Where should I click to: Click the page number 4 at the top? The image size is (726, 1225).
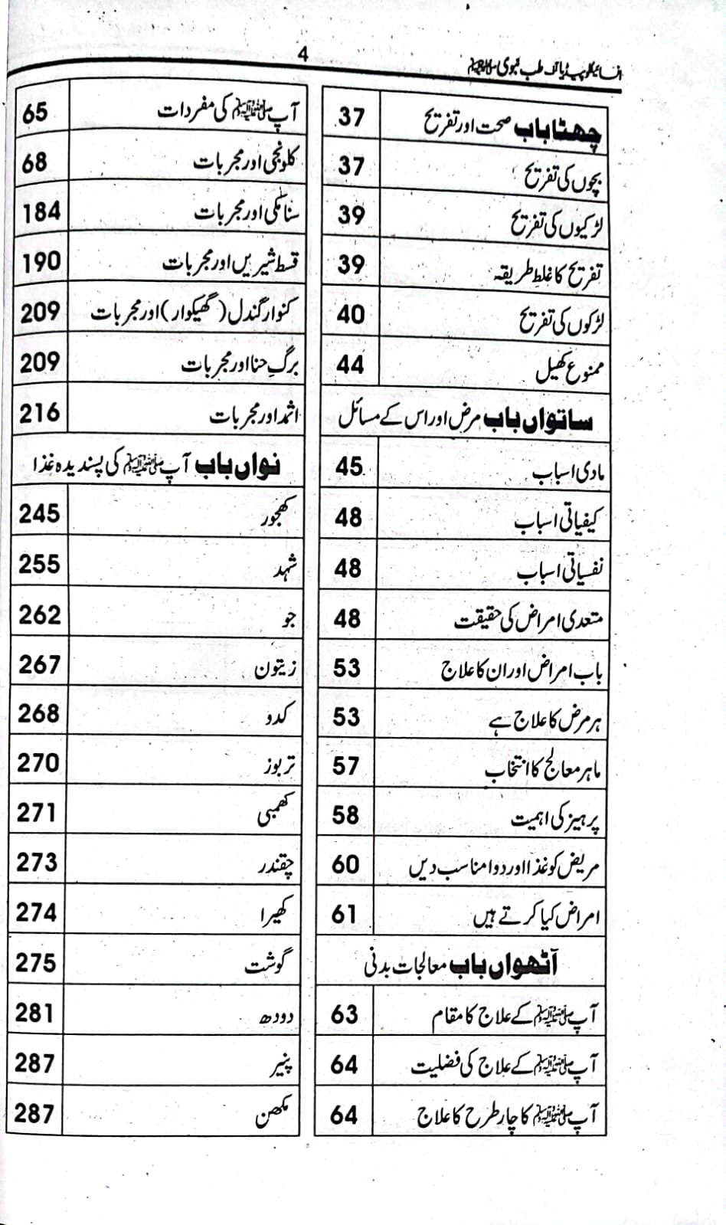click(303, 55)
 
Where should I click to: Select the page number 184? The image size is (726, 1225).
click(41, 212)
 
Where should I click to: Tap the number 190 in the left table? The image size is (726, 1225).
click(41, 262)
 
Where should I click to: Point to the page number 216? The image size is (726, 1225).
click(39, 414)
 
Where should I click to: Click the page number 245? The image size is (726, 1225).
click(39, 513)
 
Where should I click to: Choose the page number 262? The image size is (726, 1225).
click(39, 614)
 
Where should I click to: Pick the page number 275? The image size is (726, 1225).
click(36, 962)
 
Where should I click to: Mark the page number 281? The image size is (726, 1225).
click(35, 1013)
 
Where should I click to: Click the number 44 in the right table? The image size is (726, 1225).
click(350, 365)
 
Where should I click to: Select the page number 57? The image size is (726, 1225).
click(346, 765)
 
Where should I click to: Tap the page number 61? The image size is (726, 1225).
click(345, 914)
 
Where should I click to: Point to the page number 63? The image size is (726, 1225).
click(344, 1014)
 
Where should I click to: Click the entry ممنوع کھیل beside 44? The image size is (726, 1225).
click(570, 371)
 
